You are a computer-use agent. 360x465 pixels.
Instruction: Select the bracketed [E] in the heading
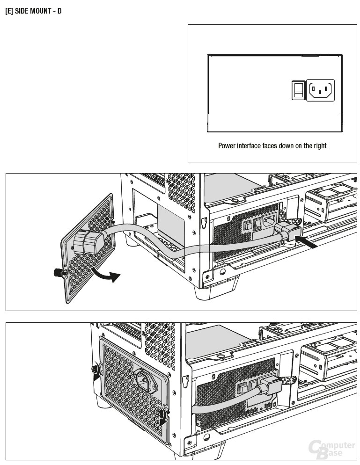[9, 11]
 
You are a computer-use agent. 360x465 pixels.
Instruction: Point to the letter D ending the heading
[59, 11]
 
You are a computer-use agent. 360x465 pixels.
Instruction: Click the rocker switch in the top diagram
[298, 90]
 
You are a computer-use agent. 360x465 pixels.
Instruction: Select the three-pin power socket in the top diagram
[320, 90]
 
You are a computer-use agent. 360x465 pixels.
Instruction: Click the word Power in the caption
[227, 145]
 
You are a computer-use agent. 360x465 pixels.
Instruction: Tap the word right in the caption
[320, 146]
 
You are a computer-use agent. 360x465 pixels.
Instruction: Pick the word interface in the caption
[249, 145]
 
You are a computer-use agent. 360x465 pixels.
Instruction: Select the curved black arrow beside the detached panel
[106, 274]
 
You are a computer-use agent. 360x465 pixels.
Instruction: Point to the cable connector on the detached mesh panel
[88, 243]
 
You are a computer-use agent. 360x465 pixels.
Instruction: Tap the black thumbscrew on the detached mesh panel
[59, 273]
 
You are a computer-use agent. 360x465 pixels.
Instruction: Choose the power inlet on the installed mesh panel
[146, 380]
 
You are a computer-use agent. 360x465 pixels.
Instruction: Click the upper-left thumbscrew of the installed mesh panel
[96, 370]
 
